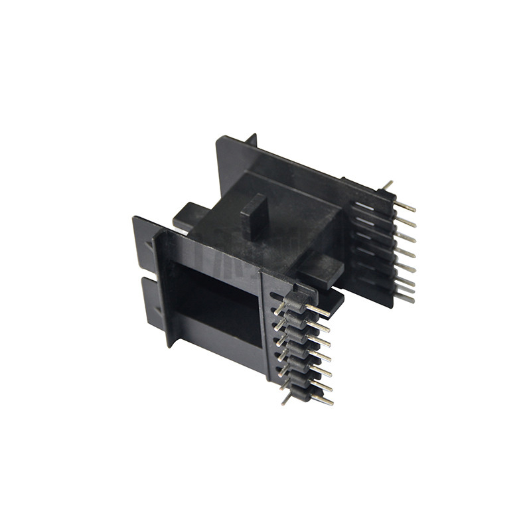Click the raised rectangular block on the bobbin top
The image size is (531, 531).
pos(254,216)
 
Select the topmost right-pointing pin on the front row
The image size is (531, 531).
pos(319,311)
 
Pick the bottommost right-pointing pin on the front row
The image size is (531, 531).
pos(323,400)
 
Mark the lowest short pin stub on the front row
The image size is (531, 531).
pos(285,398)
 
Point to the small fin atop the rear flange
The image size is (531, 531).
pos(250,139)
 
